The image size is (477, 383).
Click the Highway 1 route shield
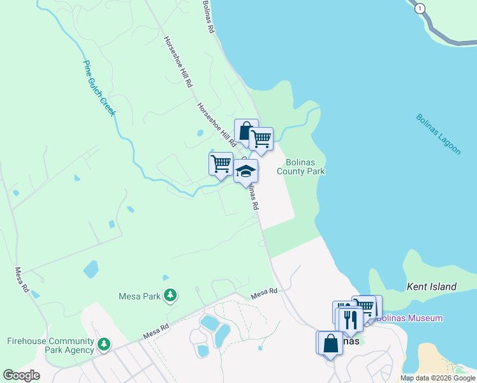coord(420,9)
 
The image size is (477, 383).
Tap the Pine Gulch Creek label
coord(99,88)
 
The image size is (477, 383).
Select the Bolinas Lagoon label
coord(438,134)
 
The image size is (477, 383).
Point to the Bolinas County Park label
coord(301,167)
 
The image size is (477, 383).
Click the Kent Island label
coord(432,287)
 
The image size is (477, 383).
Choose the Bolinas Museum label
coord(409,318)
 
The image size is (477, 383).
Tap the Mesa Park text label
coord(140,296)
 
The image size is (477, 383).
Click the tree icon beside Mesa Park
coord(170,296)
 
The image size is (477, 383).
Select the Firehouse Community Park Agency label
coord(51,345)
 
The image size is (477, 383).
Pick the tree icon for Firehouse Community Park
coord(103,345)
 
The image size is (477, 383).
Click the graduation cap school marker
coord(246,171)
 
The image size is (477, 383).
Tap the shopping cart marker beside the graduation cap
coord(221,163)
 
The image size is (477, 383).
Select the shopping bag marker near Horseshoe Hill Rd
coord(246,130)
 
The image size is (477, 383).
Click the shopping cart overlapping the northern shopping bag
coord(261,137)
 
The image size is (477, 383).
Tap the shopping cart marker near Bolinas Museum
coord(365,306)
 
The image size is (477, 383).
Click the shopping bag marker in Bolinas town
coord(331,343)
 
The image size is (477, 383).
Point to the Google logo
coord(22,375)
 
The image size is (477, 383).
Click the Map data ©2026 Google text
coord(437,378)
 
